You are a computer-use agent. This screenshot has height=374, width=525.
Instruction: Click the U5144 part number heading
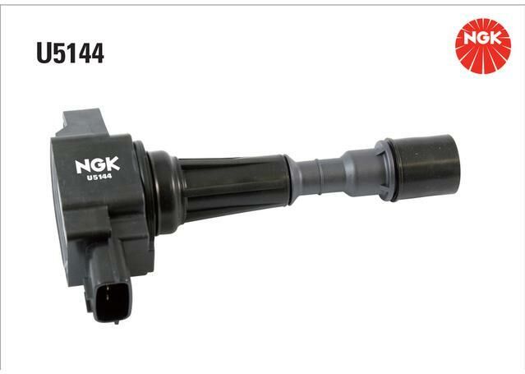pos(71,53)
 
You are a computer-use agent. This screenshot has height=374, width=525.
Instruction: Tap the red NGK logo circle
pos(483,46)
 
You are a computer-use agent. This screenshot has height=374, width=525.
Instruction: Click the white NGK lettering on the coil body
pos(97,164)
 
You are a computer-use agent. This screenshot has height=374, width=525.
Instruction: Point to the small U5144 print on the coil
pos(99,177)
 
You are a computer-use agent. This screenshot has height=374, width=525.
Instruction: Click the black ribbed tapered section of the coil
pos(234,188)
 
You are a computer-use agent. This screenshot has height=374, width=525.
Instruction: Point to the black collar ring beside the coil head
pos(166,192)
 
